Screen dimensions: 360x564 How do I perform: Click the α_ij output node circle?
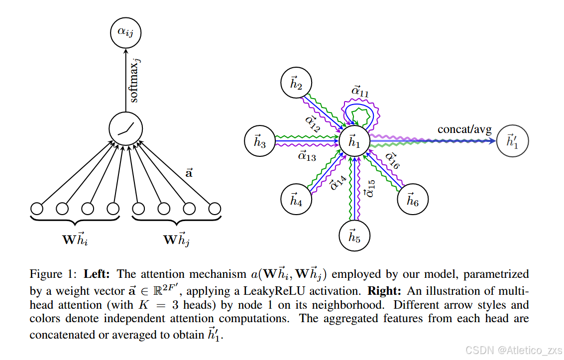click(x=125, y=33)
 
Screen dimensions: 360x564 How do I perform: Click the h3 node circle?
click(x=260, y=141)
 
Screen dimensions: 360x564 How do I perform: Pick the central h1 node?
click(x=353, y=141)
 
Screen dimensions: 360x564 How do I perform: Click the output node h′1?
click(x=513, y=141)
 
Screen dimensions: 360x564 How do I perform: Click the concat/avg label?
click(x=464, y=129)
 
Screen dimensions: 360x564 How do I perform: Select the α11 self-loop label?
click(x=360, y=91)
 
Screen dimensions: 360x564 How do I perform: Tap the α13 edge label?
click(x=307, y=157)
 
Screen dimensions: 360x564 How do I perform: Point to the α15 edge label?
click(x=369, y=188)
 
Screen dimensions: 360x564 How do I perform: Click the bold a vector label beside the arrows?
click(x=189, y=173)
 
